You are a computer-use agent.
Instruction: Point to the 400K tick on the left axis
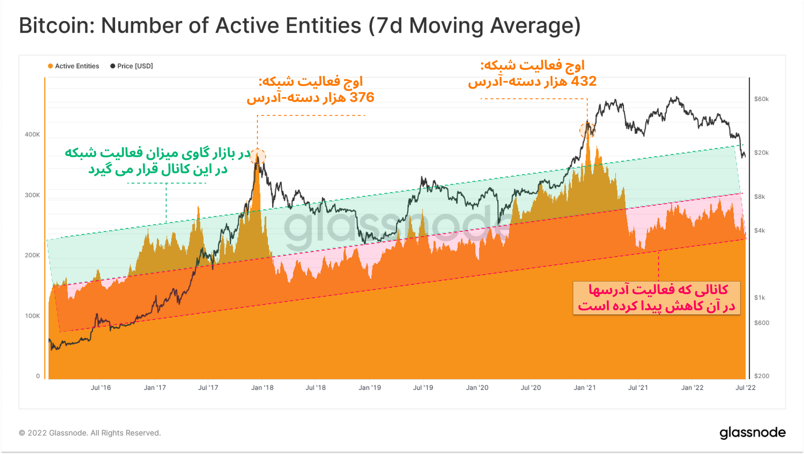[32, 134]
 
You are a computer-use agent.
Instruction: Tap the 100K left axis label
[32, 316]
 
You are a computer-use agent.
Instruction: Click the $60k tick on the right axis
[761, 99]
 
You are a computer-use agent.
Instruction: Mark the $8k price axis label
[759, 197]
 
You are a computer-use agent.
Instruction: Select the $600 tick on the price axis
[761, 323]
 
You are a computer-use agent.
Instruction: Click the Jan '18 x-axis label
[262, 388]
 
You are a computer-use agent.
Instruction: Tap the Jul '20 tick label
[531, 388]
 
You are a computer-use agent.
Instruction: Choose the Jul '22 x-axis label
[745, 388]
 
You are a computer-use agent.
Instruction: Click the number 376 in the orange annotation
[362, 97]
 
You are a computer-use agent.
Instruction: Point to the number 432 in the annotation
[584, 81]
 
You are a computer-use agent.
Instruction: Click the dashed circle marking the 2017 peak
[258, 156]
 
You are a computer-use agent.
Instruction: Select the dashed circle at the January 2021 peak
[587, 130]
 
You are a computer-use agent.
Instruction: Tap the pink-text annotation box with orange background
[656, 298]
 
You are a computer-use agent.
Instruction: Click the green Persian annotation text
[158, 161]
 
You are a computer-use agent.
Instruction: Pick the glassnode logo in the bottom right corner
[752, 433]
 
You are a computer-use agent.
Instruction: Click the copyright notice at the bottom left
[90, 433]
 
